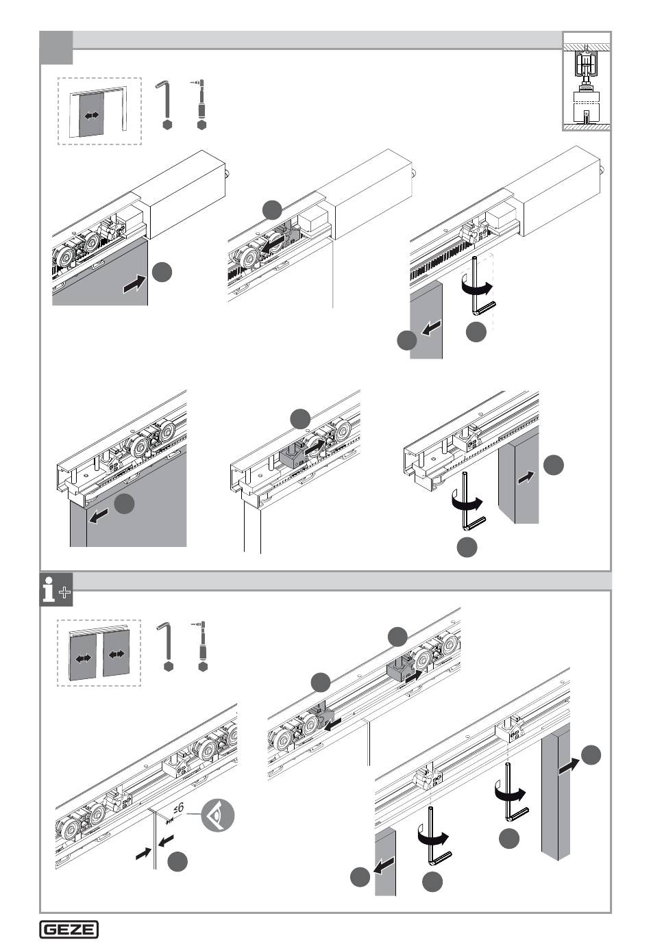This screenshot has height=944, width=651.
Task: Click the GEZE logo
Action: (69, 928)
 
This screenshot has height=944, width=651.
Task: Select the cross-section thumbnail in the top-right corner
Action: (587, 81)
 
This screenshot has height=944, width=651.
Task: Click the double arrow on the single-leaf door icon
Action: (92, 116)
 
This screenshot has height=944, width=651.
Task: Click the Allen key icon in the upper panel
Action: (166, 103)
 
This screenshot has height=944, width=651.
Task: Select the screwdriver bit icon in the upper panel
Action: (201, 103)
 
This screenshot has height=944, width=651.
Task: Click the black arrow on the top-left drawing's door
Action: (135, 284)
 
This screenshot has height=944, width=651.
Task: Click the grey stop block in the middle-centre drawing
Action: (293, 455)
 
